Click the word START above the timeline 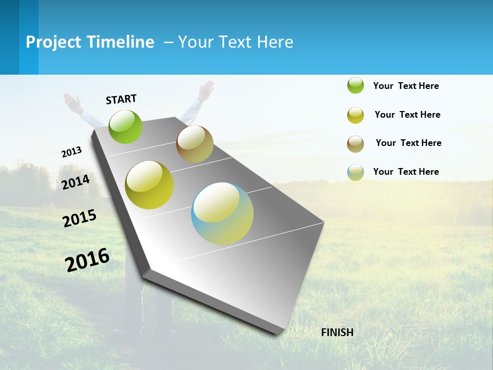click(121, 99)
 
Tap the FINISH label click(337, 332)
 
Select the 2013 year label click(72, 152)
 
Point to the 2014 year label click(76, 182)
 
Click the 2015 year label click(80, 218)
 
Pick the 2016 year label click(88, 260)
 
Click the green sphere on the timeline click(126, 126)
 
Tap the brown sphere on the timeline click(195, 144)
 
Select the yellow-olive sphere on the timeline click(149, 185)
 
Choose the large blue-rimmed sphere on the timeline click(222, 213)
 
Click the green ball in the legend click(355, 85)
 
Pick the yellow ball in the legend click(355, 115)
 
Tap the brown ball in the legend click(355, 144)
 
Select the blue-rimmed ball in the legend click(355, 172)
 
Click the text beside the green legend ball click(406, 86)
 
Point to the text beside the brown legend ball click(408, 143)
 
